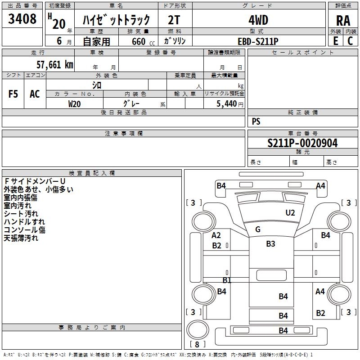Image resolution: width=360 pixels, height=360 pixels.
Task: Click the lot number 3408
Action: tap(22, 19)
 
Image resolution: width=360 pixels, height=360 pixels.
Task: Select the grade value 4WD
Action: tap(258, 20)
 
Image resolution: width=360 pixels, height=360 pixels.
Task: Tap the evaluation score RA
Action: tap(343, 21)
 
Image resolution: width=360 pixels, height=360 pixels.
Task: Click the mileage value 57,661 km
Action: tap(55, 64)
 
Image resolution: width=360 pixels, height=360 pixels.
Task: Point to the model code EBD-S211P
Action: tap(258, 41)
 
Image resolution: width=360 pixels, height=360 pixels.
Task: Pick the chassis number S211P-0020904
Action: tap(302, 143)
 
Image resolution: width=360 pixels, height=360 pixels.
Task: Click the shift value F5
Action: tap(13, 94)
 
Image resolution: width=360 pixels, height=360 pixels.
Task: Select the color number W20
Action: tap(74, 104)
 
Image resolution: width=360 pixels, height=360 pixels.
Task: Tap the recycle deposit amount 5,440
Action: tap(227, 104)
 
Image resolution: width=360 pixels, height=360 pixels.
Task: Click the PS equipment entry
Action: tap(256, 121)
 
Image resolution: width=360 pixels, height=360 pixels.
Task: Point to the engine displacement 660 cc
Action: tap(143, 41)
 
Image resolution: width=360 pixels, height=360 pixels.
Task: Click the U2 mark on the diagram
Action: tap(290, 212)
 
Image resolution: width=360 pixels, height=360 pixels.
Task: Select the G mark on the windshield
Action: tap(258, 229)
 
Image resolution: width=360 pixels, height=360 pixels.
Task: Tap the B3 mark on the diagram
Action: tap(270, 243)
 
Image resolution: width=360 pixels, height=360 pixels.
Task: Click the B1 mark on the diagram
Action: tap(227, 280)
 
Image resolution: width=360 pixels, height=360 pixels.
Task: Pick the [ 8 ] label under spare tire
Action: tap(197, 344)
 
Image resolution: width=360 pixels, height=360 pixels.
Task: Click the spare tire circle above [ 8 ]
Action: tap(198, 330)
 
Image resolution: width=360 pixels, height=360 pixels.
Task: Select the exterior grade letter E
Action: tap(335, 41)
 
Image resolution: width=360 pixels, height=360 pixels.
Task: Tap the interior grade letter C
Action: tap(350, 41)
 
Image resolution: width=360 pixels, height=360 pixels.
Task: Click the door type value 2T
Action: tap(174, 20)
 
